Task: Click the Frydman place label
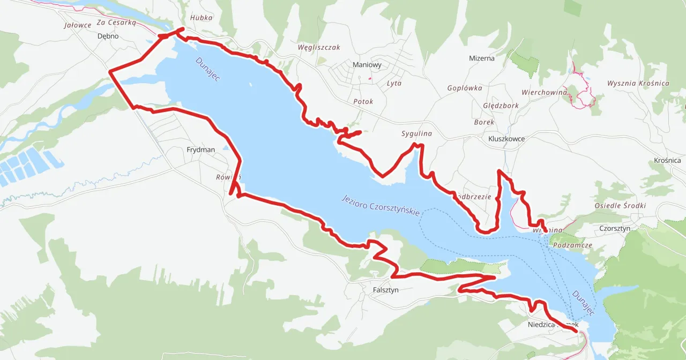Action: click(x=200, y=150)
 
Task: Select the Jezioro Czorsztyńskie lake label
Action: click(x=381, y=205)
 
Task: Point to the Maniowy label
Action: click(x=367, y=65)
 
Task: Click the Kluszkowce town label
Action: click(x=506, y=139)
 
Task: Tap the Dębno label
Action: click(x=108, y=36)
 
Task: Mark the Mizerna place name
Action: click(x=482, y=58)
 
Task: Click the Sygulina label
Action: click(x=416, y=133)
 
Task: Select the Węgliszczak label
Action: click(x=319, y=47)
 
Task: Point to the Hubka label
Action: click(x=202, y=18)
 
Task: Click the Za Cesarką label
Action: click(x=117, y=22)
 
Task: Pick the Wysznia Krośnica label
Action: click(x=638, y=83)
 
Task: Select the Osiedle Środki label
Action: click(x=620, y=206)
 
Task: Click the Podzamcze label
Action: click(x=572, y=245)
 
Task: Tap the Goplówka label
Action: click(x=465, y=88)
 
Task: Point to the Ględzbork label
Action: click(x=501, y=106)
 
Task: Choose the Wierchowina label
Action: click(x=544, y=92)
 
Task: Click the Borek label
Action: click(x=484, y=122)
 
